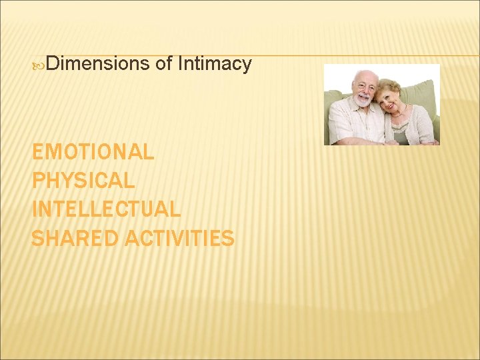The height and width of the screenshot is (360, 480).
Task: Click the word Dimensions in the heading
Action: click(98, 64)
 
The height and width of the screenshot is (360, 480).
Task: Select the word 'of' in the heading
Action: click(163, 64)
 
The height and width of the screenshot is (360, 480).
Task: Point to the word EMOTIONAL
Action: click(93, 152)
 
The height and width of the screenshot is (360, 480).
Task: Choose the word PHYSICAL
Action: click(83, 181)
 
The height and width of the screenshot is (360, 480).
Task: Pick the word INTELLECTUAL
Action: click(106, 209)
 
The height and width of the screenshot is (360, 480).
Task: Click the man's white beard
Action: click(362, 101)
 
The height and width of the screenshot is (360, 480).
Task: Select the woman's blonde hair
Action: click(389, 86)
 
